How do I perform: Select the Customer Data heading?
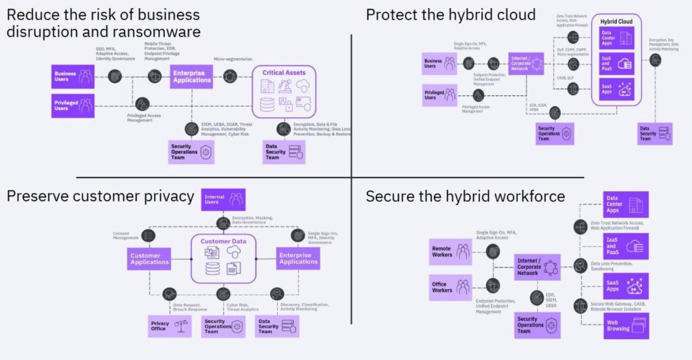point(222,241)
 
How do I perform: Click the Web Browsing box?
point(626,326)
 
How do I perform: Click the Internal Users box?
point(223,199)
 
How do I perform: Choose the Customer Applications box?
point(149,258)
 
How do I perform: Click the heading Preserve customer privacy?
point(100,197)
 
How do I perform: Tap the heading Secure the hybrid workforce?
point(465,197)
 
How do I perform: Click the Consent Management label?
point(125,236)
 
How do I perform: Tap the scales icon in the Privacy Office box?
point(180,325)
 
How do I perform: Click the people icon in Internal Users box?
point(235,199)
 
